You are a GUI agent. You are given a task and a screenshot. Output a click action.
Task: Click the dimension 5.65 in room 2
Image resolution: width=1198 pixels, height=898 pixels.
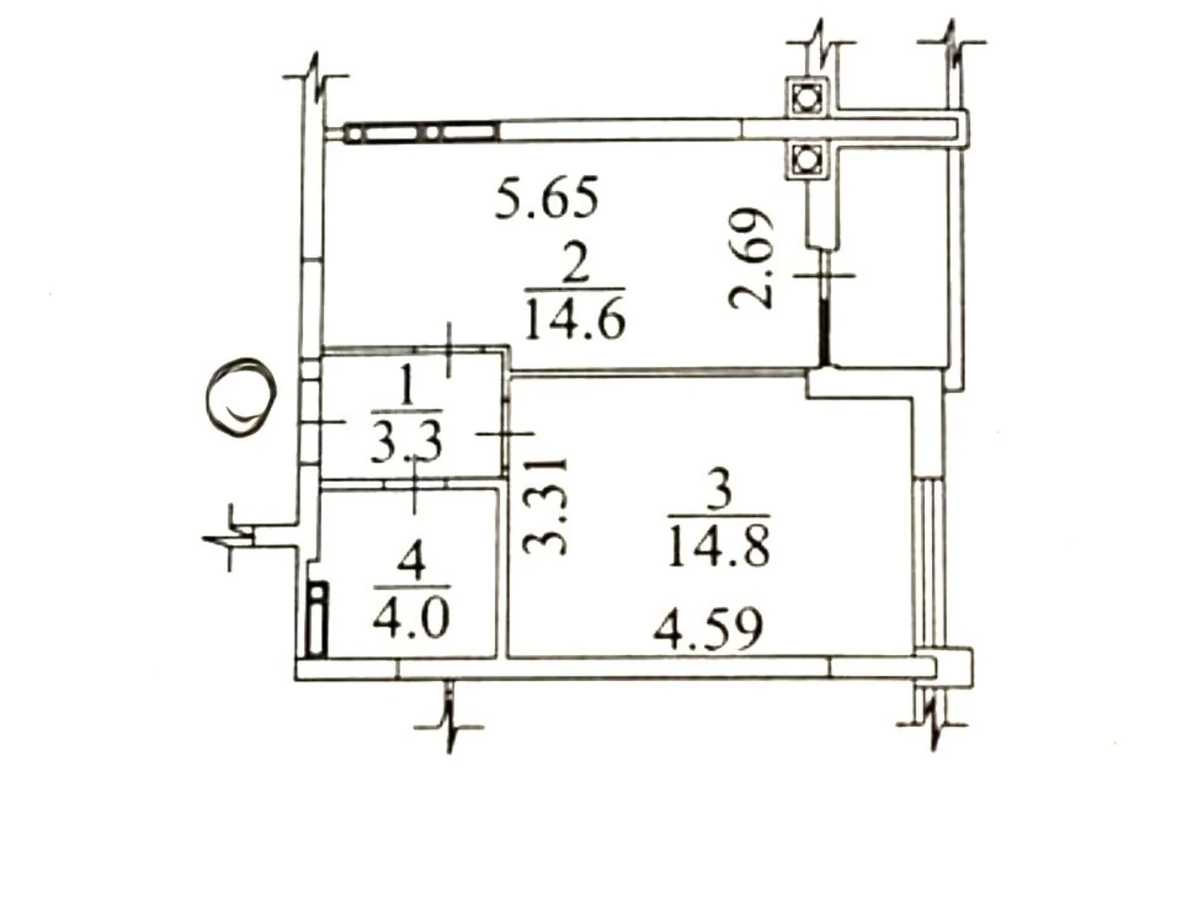click(547, 197)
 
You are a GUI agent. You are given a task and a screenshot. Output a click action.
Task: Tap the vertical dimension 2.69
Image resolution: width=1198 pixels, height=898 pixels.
click(752, 258)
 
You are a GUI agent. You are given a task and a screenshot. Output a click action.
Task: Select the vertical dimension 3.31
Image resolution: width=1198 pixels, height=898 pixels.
click(546, 505)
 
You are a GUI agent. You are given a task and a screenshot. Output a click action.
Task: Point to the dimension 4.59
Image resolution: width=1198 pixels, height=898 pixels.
click(708, 630)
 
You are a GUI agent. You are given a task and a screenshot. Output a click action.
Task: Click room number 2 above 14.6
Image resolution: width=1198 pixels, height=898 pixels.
click(574, 266)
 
